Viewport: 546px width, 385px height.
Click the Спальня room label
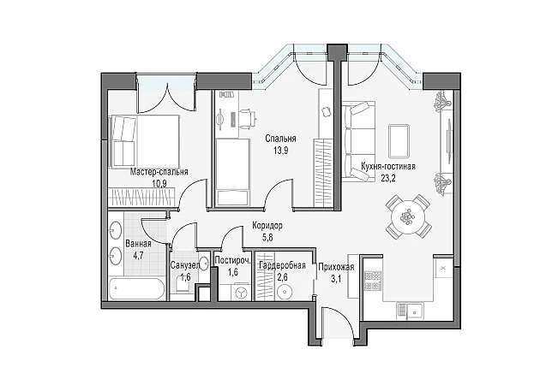pos(280,139)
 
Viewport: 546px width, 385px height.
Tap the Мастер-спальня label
pos(159,172)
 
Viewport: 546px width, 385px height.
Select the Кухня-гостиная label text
pos(388,167)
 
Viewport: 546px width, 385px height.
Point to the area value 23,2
pos(388,179)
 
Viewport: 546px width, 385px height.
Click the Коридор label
pos(267,226)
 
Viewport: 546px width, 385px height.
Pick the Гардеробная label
pos(282,266)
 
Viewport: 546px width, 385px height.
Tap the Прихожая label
pos(336,267)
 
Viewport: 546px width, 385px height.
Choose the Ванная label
pos(138,244)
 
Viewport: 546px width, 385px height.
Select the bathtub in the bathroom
pos(136,288)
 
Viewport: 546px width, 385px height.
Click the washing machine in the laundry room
pos(241,293)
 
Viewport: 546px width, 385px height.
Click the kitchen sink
pos(411,311)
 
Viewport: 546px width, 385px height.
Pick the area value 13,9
pos(280,151)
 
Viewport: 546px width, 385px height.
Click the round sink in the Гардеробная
pos(285,292)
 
